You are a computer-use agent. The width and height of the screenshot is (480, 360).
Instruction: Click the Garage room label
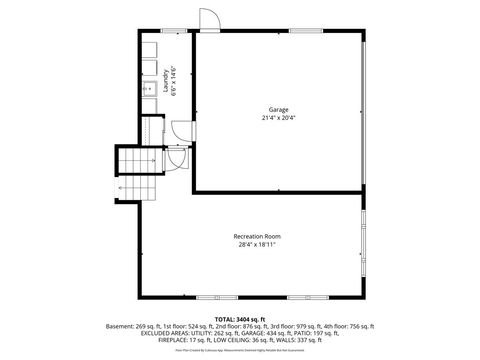278,108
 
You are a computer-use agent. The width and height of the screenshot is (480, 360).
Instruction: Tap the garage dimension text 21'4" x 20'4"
278,118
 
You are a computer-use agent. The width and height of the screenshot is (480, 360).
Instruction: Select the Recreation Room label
257,235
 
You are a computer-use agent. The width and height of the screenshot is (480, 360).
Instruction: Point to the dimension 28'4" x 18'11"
257,245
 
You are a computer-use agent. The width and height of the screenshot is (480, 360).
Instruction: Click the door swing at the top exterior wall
207,20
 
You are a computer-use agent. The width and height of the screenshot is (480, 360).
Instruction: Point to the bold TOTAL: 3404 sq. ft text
240,317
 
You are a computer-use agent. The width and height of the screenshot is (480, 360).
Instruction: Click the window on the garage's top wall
306,32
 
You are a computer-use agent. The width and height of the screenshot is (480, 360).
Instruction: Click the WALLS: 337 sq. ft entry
294,342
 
